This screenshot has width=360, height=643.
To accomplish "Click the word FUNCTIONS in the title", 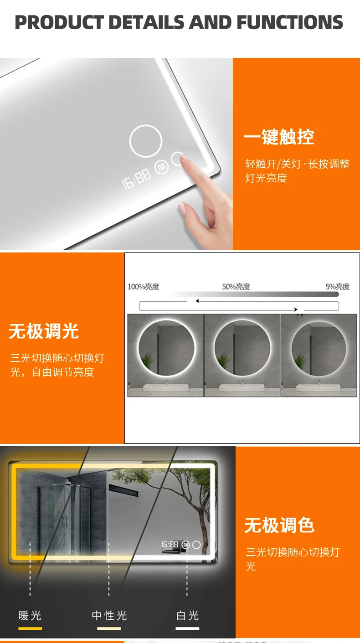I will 289,22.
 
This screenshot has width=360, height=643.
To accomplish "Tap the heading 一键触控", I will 279,137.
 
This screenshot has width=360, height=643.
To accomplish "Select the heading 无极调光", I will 44,331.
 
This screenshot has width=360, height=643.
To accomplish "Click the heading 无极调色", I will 279,525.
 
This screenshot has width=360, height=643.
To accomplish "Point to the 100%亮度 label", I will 143,287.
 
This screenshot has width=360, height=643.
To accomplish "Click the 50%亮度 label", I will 236,287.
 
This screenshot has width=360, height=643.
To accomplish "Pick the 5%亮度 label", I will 337,287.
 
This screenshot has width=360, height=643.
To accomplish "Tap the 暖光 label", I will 30,616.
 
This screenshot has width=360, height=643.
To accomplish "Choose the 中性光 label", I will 109,616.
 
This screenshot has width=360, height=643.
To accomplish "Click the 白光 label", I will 188,616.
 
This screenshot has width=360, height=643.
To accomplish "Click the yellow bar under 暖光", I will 30,628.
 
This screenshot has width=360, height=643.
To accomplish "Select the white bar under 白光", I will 188,628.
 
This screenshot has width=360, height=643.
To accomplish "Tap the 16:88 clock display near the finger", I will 137,178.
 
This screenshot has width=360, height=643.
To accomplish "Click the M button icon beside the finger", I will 161,167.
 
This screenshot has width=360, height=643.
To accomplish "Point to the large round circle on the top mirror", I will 146,141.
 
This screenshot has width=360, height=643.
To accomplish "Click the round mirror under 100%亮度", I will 165,349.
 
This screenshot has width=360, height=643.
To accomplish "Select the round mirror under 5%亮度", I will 319,349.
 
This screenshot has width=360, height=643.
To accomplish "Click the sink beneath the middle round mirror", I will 242,388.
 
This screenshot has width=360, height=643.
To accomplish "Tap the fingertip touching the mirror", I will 183,158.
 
